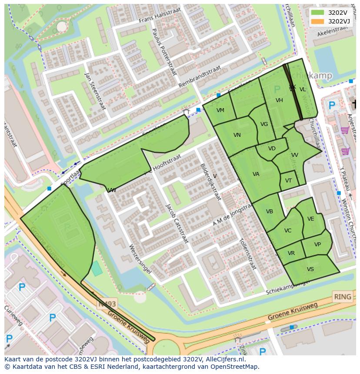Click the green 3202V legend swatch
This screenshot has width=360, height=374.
318,13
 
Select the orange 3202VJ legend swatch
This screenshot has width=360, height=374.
318,21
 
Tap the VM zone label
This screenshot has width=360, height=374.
220,110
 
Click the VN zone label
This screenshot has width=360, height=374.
237,135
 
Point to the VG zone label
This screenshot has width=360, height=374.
264,124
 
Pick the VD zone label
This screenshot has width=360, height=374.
272,149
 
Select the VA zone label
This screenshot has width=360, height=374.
256,174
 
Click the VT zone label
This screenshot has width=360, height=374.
289,181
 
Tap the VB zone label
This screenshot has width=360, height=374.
270,212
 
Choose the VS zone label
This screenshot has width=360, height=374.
310,269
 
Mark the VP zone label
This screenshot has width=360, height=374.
317,245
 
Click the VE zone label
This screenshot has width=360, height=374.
310,219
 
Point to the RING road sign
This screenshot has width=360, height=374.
342,297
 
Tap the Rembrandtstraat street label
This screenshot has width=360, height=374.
200,76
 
